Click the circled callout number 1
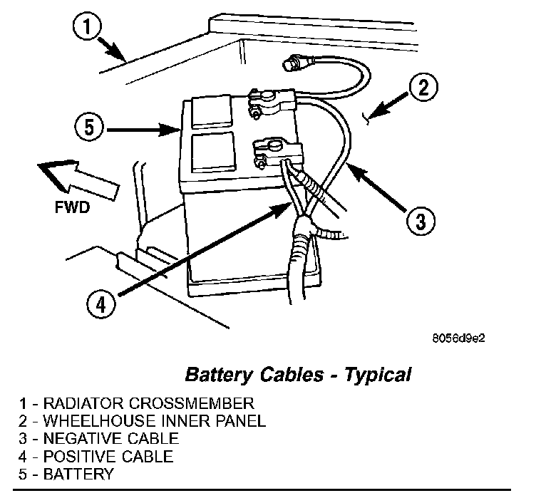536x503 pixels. (85, 30)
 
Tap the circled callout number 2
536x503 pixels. (423, 88)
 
